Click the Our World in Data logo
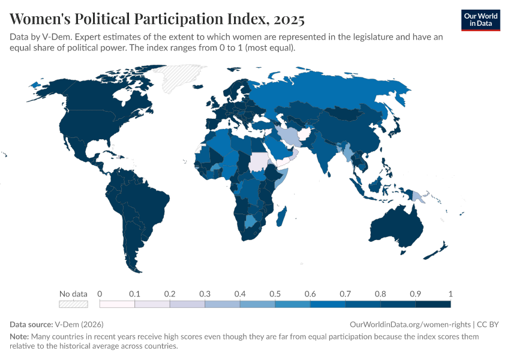[481, 20]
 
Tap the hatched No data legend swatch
[73, 304]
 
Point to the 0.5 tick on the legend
[275, 294]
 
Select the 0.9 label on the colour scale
[415, 294]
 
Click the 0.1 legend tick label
[135, 294]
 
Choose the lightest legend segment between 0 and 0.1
[118, 304]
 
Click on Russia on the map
[336, 96]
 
